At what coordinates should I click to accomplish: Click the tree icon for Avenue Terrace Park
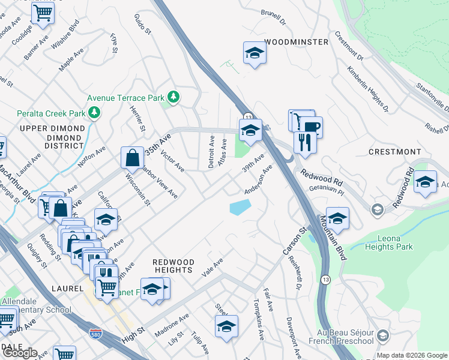click(x=173, y=97)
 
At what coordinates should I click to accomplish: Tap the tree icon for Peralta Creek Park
click(x=94, y=112)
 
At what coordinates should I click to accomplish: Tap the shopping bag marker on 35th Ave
click(x=131, y=158)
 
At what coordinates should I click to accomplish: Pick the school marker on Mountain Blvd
click(x=337, y=218)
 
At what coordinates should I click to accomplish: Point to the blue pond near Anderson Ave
click(x=240, y=208)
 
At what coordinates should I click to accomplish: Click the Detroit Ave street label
click(x=211, y=151)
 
